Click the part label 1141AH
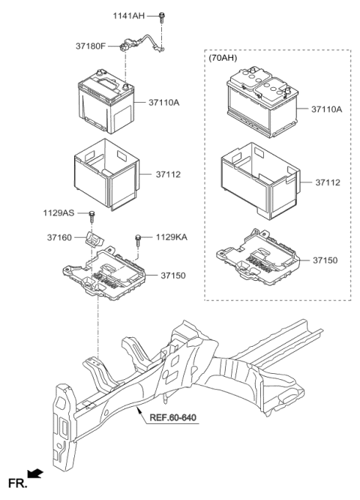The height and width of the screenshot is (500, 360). (x=129, y=15)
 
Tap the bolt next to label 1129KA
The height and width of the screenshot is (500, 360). (x=139, y=240)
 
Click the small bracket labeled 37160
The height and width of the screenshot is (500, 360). (x=95, y=239)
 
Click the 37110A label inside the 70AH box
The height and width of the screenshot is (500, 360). (x=327, y=110)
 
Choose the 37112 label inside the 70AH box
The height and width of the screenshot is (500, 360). (x=328, y=182)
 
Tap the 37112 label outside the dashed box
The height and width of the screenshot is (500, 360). (x=169, y=174)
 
